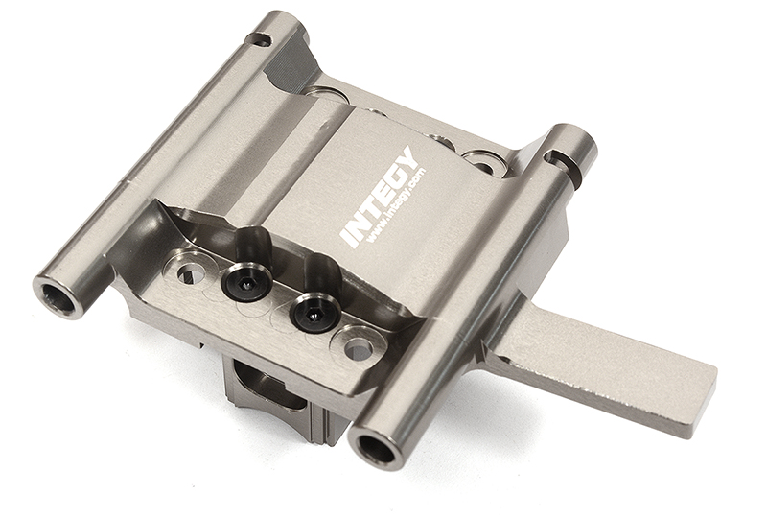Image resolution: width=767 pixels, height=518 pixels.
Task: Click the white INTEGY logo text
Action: coord(379,197)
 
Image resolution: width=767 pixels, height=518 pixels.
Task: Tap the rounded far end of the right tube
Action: coord(575,142)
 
